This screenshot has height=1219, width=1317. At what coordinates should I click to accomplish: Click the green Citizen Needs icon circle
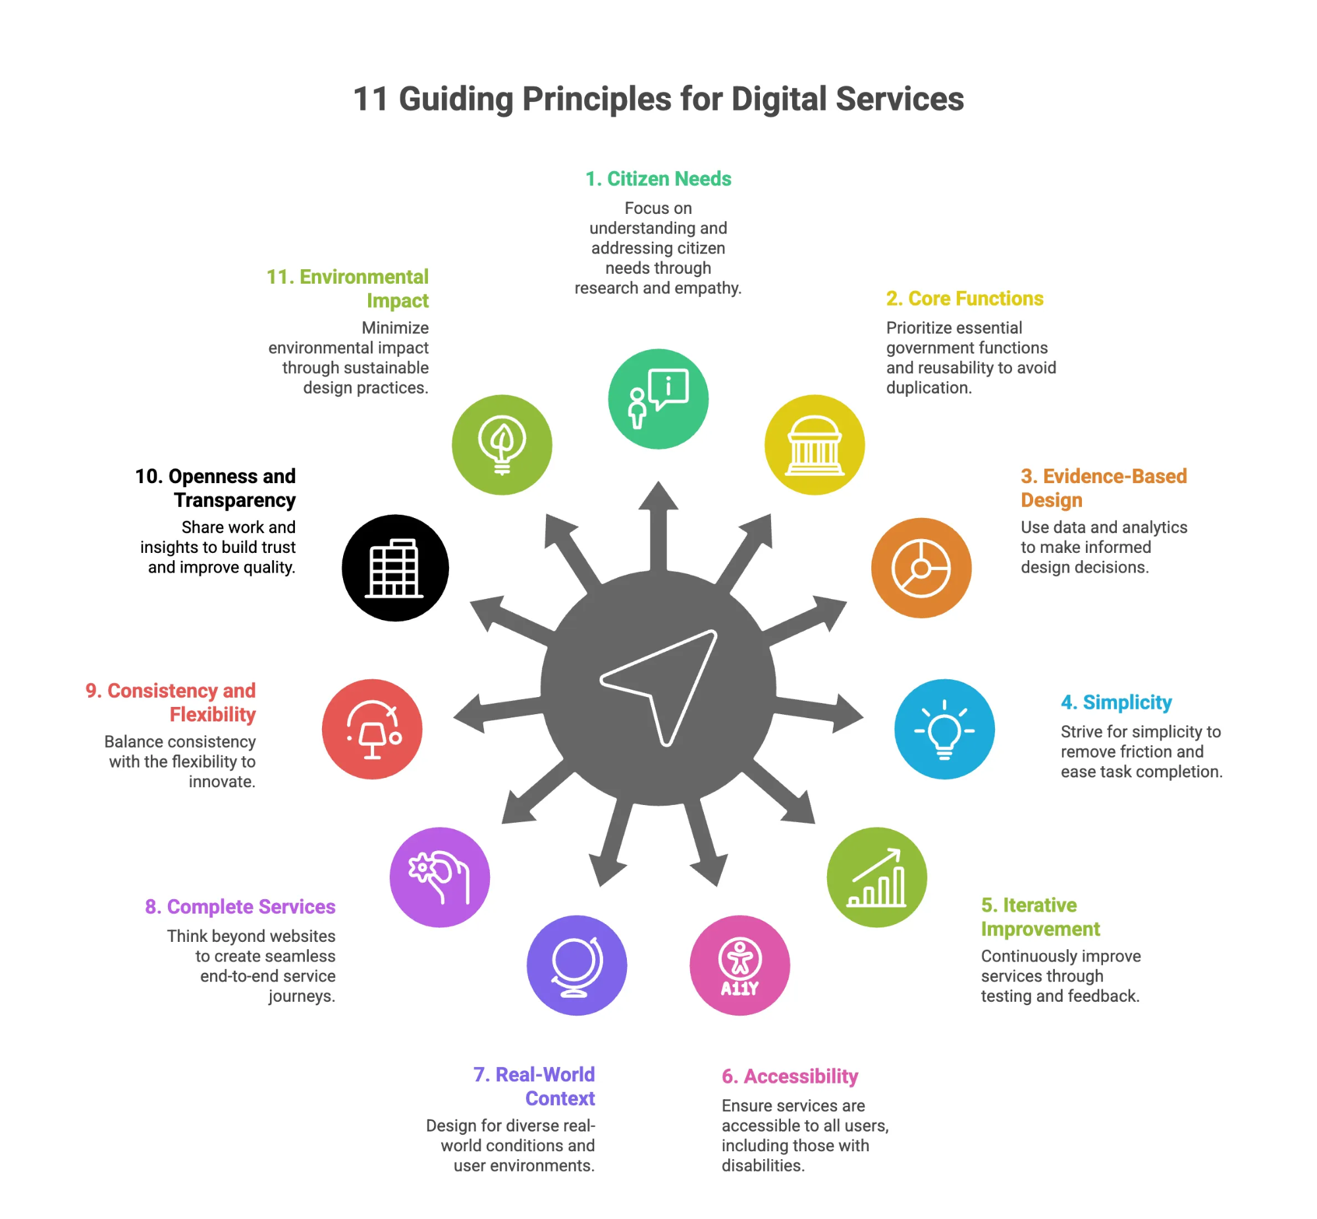pyautogui.click(x=658, y=399)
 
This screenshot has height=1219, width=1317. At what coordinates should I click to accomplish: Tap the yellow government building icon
pyautogui.click(x=814, y=445)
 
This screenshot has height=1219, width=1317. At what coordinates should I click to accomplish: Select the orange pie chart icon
pyautogui.click(x=921, y=568)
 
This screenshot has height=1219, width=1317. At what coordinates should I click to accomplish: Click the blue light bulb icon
pyautogui.click(x=944, y=729)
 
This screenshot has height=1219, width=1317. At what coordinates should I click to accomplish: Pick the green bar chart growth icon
pyautogui.click(x=876, y=877)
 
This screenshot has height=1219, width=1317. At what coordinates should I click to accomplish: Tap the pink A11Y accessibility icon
pyautogui.click(x=739, y=965)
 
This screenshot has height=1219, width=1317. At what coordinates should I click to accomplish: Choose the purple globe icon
pyautogui.click(x=577, y=965)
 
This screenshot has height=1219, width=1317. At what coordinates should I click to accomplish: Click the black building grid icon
pyautogui.click(x=395, y=568)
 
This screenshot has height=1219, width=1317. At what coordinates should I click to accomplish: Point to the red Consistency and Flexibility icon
pyautogui.click(x=372, y=729)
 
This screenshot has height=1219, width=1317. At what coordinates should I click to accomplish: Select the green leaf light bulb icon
pyautogui.click(x=502, y=445)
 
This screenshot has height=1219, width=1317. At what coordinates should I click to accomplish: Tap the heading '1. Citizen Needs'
pyautogui.click(x=658, y=179)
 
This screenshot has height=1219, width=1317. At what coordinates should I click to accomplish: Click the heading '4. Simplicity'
pyautogui.click(x=1116, y=702)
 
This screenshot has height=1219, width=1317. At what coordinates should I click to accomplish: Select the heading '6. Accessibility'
pyautogui.click(x=790, y=1077)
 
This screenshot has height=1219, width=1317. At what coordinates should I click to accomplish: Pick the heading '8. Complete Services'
pyautogui.click(x=240, y=907)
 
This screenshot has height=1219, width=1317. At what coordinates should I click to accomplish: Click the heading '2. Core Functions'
pyautogui.click(x=965, y=299)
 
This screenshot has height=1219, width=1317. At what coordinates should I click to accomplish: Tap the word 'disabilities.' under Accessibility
pyautogui.click(x=763, y=1166)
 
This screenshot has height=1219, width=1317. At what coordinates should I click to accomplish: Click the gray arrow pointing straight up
pyautogui.click(x=658, y=525)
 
